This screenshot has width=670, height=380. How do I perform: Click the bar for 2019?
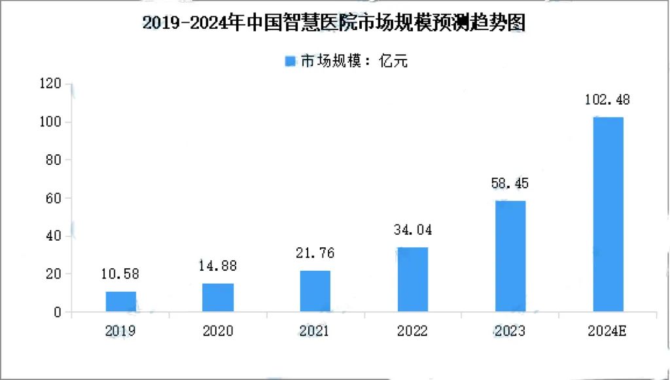pos(120,302)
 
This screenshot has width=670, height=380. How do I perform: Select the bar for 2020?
pos(218,298)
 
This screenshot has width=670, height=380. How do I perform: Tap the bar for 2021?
pos(315,291)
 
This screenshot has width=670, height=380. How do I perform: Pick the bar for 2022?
pos(412,279)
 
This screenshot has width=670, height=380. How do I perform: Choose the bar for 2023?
pos(510,256)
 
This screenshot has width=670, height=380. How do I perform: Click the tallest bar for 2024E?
pos(608,215)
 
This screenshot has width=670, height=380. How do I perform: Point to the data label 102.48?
pos(608,100)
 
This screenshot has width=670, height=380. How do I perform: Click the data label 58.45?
pos(510,184)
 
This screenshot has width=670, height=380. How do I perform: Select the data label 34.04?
pos(412,230)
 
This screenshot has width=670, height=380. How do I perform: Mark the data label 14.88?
pos(218,266)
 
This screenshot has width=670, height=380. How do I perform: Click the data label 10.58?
pos(120,274)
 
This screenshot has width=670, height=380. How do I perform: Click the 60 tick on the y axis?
pos(53,198)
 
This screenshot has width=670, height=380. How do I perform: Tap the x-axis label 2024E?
pos(608,332)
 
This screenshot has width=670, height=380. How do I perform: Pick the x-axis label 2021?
pos(315,332)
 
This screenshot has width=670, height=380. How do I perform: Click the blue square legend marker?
pos(291,61)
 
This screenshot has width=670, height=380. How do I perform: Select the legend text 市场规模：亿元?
pos(354,61)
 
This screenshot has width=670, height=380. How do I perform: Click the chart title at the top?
pos(334,23)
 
